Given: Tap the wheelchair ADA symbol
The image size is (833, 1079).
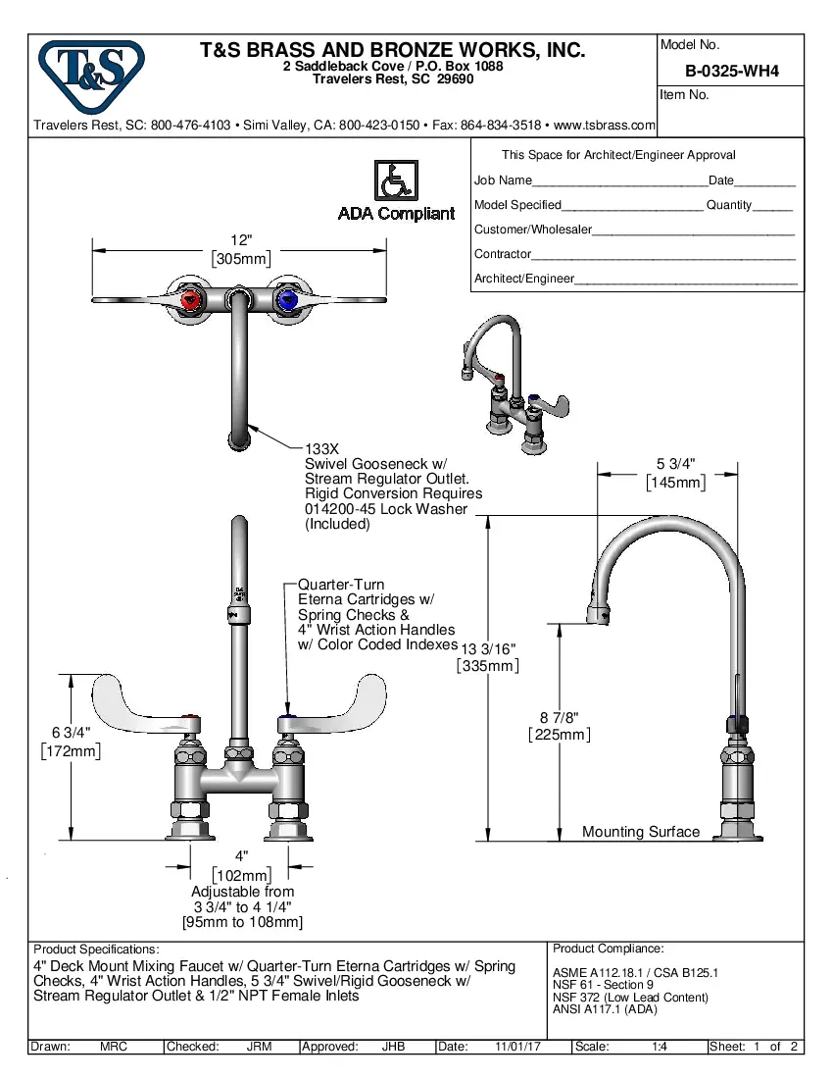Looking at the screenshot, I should coord(396,181).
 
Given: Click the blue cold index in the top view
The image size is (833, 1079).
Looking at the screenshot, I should coord(288,299).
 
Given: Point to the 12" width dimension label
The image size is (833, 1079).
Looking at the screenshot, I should coord(241,240).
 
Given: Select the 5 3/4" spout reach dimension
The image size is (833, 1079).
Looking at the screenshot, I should coord(676,464).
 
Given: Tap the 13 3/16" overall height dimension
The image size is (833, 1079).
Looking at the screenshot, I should coord(487,649).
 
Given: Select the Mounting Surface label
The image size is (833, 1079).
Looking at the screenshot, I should coord(641,832).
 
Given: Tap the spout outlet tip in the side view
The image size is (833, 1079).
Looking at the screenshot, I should coord(599,615).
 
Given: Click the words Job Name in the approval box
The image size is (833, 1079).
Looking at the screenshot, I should coord(503,180).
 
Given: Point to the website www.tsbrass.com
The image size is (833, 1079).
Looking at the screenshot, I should coord(605,126).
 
